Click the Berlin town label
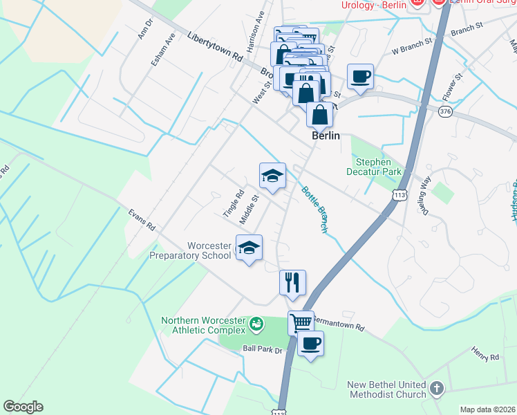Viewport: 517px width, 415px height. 326,136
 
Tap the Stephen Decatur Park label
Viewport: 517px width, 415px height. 374,165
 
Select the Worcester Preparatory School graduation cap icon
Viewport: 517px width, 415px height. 249,248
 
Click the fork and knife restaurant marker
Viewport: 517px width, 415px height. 292,282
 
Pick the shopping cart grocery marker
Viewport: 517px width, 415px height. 301,322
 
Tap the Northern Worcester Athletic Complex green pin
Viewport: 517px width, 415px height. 256,323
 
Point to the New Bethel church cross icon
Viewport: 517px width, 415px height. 436,389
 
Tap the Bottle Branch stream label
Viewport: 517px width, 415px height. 314,209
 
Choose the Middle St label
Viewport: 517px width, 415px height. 248,209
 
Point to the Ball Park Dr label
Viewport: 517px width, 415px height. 263,350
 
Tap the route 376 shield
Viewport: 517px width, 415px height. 445,111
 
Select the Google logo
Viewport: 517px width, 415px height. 23,407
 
